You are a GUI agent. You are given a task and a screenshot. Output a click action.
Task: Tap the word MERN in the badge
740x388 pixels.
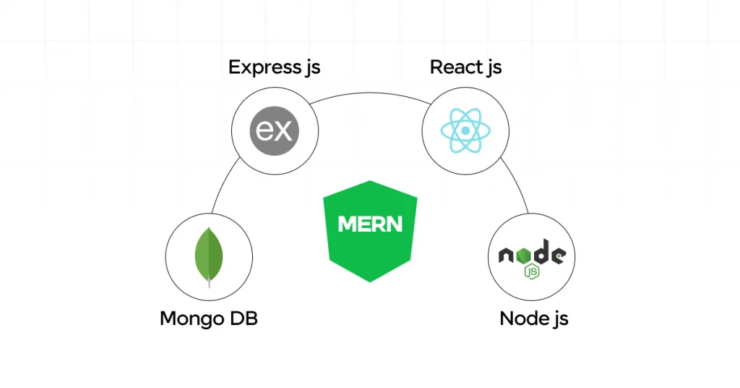tap(370, 224)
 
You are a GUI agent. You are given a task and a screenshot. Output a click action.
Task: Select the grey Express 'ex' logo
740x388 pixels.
tap(275, 131)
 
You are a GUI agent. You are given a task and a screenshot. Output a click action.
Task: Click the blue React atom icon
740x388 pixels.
tap(465, 131)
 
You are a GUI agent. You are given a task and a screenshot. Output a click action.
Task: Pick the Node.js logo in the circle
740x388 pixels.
tap(532, 257)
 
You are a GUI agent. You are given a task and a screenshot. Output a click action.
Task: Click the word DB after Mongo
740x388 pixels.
tap(244, 319)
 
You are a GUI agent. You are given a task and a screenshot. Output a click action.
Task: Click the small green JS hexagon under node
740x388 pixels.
tap(533, 272)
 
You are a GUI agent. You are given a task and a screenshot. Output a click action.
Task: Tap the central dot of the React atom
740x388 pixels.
tap(465, 131)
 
